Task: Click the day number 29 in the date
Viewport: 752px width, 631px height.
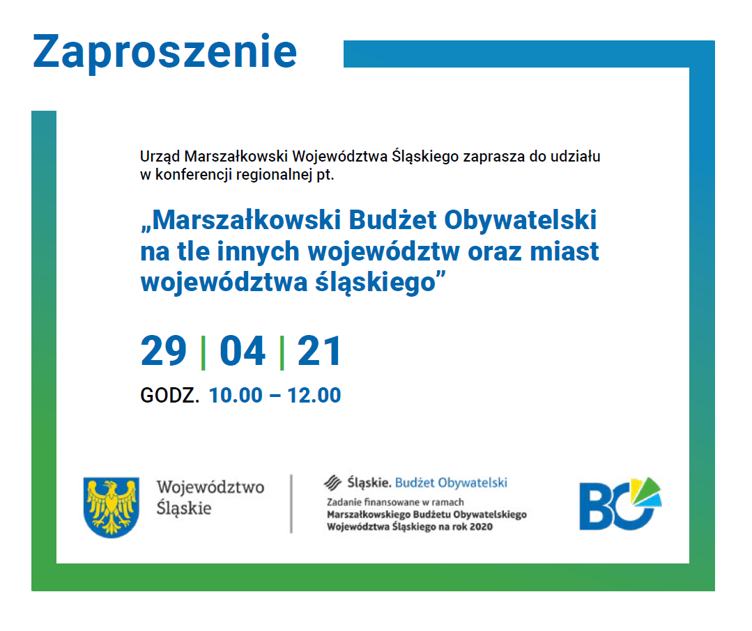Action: [x=164, y=351]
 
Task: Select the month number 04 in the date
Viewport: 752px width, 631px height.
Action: [x=243, y=351]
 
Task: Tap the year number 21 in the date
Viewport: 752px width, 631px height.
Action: [x=319, y=351]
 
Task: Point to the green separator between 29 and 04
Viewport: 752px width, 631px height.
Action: [x=204, y=353]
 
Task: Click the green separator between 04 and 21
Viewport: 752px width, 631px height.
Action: [x=282, y=353]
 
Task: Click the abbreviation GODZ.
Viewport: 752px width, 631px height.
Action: [x=170, y=396]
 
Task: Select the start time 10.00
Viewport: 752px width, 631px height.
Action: [x=236, y=396]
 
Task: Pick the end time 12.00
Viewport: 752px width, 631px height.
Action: [x=314, y=396]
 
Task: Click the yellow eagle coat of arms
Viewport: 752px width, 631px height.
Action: [x=112, y=507]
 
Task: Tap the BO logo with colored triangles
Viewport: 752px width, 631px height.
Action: [x=620, y=504]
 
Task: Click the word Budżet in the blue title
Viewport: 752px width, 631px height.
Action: [x=392, y=220]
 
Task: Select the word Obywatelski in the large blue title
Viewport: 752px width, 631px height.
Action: [x=521, y=220]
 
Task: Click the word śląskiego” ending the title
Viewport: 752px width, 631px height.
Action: [x=381, y=283]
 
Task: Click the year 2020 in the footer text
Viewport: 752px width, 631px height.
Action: [x=481, y=527]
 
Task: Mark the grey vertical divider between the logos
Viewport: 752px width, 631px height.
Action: [x=291, y=504]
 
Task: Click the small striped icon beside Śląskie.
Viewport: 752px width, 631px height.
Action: [x=333, y=483]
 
